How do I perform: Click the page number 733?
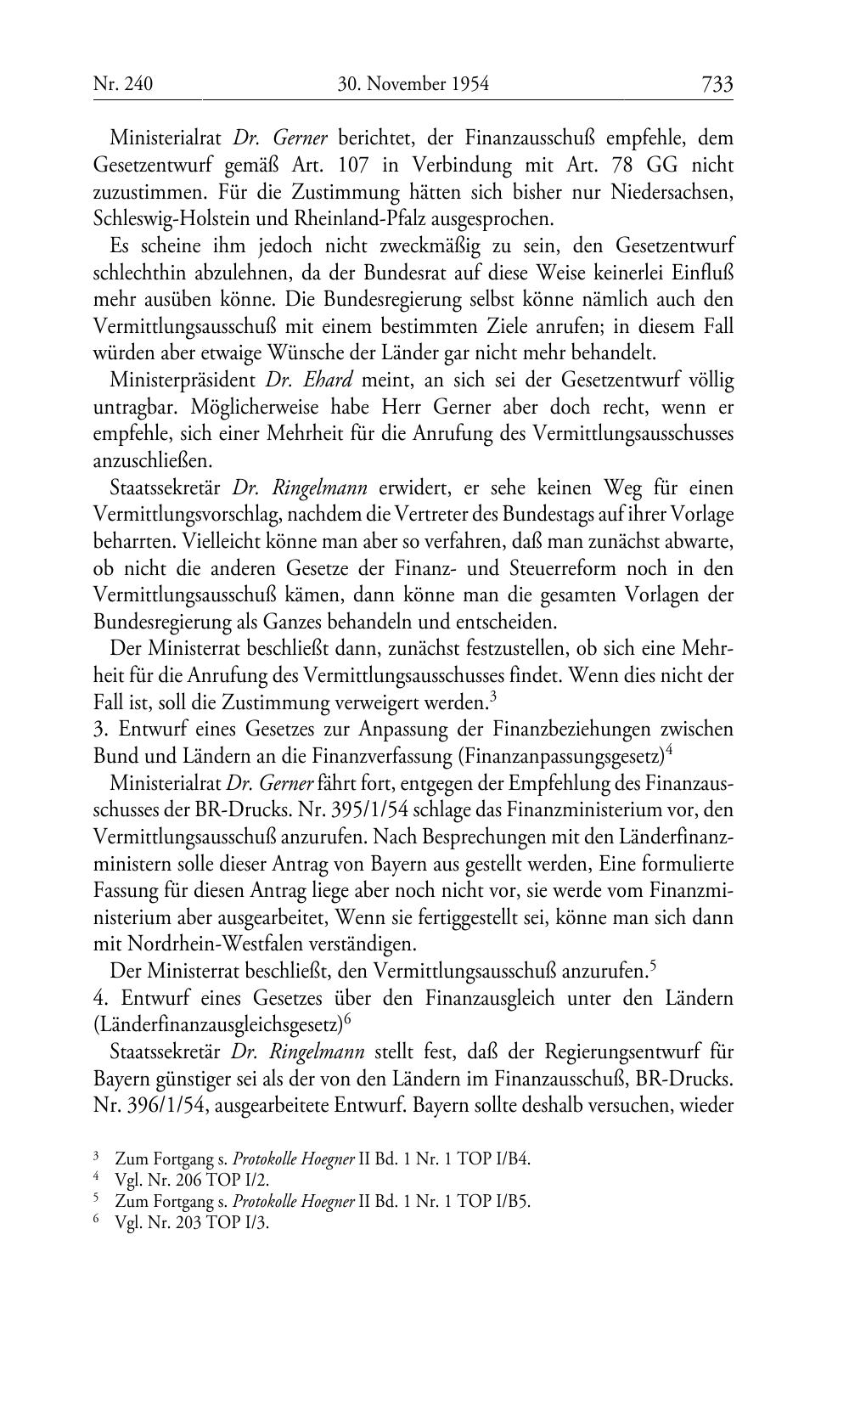[x=717, y=84]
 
